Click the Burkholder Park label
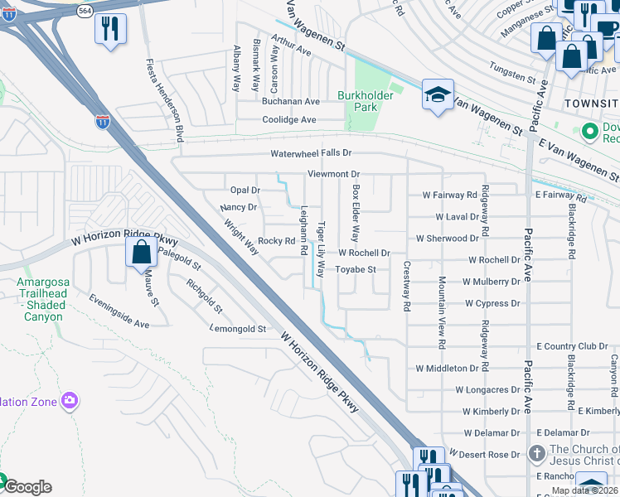tap(369, 101)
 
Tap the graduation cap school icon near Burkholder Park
tap(438, 95)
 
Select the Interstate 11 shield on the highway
tap(102, 122)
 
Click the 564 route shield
tap(85, 10)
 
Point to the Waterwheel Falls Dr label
tap(311, 154)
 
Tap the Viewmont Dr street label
tap(333, 175)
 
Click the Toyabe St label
tap(356, 269)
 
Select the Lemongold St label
tap(238, 329)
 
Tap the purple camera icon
tap(69, 403)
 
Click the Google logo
tap(27, 487)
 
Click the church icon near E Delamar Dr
tap(537, 453)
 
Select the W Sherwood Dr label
tap(448, 239)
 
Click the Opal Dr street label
tap(245, 191)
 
